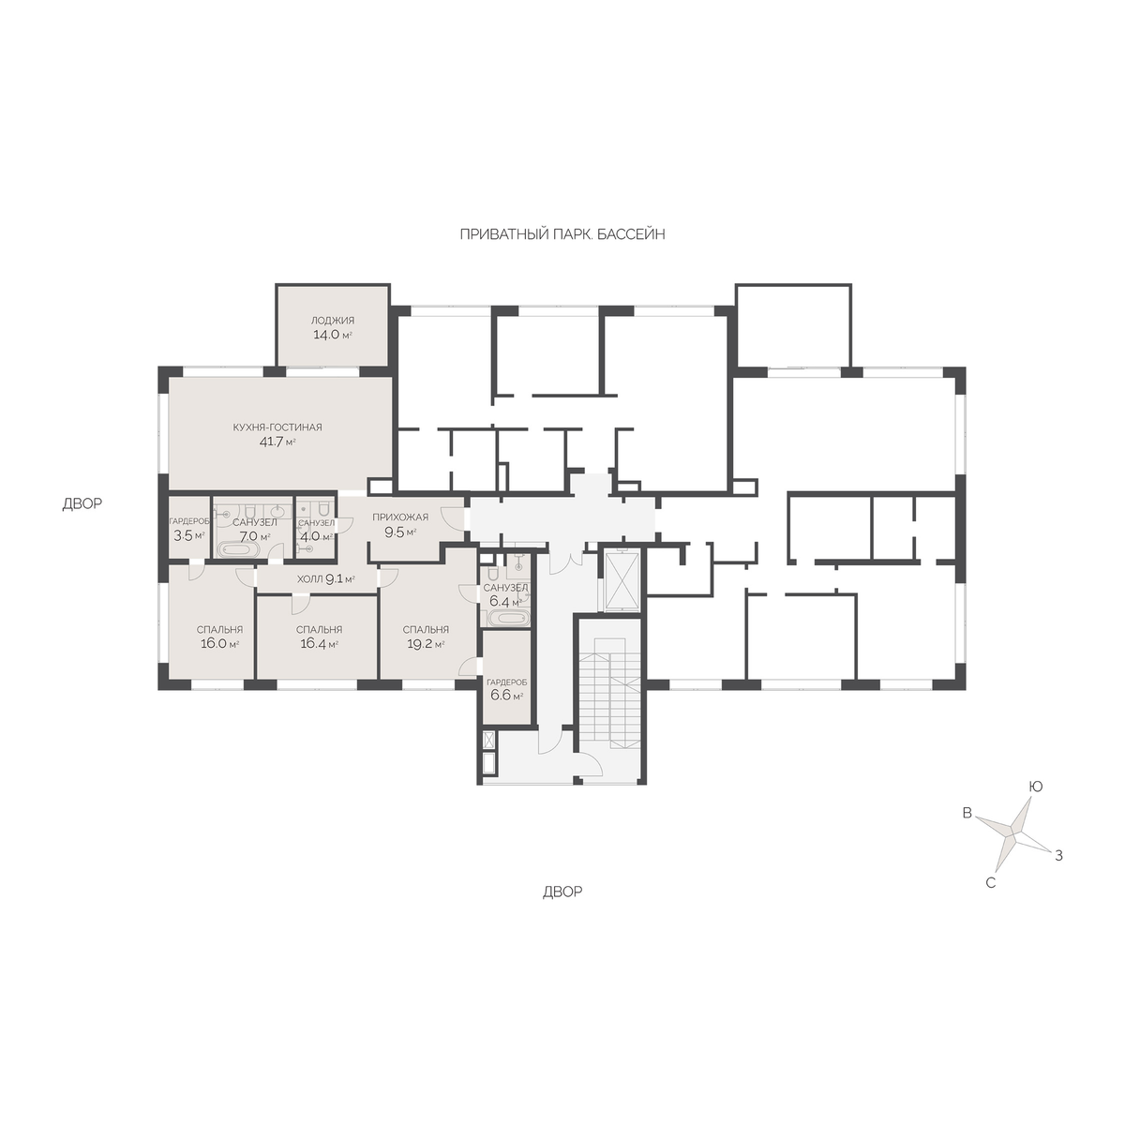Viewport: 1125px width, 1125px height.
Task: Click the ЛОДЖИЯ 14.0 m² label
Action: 332,328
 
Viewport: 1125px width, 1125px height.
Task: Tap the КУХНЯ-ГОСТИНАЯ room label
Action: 277,427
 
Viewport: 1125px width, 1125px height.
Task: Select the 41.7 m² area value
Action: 277,442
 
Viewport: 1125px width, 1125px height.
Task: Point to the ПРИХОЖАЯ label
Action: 400,517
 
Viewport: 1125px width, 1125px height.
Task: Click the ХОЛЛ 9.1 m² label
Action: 325,579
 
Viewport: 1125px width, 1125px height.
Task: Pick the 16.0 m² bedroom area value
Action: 219,644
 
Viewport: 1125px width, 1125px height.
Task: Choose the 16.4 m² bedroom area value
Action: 319,644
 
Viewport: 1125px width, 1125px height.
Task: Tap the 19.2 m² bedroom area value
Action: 426,644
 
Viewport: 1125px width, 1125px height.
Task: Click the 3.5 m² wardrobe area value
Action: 188,535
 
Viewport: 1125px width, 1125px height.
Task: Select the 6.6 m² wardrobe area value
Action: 506,696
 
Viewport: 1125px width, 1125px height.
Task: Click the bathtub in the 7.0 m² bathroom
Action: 238,549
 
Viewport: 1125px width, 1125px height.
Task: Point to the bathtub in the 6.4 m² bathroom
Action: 508,618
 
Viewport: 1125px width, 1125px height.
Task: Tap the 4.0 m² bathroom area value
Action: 316,536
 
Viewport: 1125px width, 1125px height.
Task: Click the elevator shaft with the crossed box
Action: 622,580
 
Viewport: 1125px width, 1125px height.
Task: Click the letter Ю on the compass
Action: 1035,787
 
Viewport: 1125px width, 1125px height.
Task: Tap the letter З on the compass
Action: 1058,856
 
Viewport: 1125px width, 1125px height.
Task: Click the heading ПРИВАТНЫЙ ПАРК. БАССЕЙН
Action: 562,234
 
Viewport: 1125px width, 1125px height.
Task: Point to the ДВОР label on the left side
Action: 82,503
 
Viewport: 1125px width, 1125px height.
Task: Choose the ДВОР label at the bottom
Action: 562,892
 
